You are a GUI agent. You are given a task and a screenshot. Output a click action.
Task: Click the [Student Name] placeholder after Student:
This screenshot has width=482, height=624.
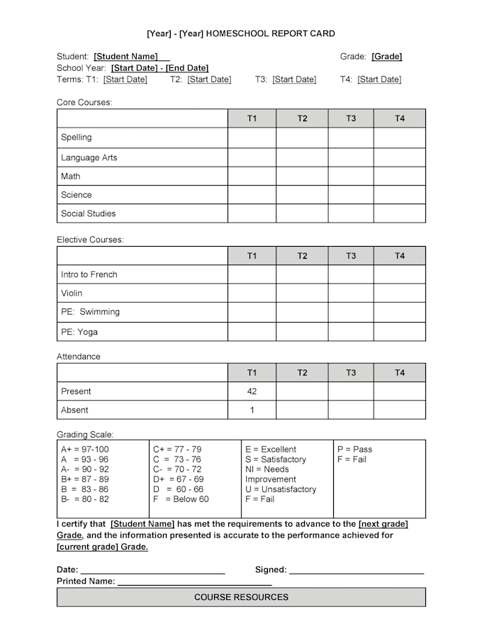125,56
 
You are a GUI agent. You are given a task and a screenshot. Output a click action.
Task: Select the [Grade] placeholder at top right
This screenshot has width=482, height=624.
386,56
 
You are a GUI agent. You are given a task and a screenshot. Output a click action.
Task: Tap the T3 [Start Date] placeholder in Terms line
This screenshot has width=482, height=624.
294,79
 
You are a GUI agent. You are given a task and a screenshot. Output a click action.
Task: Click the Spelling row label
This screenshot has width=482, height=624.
77,138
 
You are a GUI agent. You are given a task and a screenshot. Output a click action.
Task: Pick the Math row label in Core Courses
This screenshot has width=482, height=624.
71,176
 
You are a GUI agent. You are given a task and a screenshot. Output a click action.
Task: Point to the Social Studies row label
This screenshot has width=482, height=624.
89,213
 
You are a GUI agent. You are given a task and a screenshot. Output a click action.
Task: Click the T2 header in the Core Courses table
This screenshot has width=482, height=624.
302,118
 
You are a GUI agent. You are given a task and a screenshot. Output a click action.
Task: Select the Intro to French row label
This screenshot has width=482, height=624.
89,274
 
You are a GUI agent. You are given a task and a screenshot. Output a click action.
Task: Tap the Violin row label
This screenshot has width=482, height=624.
72,293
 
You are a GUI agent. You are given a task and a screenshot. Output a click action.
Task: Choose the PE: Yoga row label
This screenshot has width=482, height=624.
79,331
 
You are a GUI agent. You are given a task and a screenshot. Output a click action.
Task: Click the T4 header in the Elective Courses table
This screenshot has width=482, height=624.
400,256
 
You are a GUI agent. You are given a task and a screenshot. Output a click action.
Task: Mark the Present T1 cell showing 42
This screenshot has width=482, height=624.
252,391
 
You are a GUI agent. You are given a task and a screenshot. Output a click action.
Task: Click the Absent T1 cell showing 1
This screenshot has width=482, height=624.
252,410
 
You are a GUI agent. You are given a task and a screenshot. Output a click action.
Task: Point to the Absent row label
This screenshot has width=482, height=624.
74,410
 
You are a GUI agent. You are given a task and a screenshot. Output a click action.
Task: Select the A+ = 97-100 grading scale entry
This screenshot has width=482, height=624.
85,450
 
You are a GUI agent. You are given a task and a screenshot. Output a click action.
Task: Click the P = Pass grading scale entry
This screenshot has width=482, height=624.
354,450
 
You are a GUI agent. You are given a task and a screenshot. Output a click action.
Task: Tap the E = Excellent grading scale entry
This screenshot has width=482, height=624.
271,450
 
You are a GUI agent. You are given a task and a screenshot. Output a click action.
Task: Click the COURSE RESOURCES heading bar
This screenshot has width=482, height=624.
241,597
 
